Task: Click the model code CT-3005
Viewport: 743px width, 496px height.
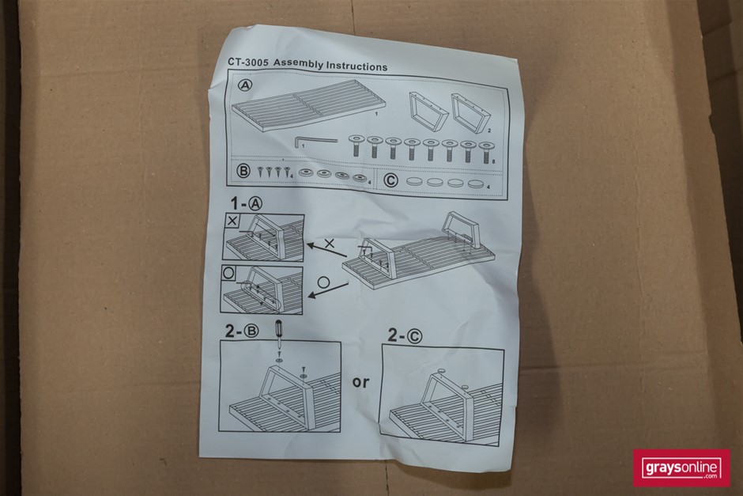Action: [248, 62]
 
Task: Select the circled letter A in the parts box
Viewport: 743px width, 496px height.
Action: [245, 85]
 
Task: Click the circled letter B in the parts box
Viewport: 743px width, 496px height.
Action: [243, 170]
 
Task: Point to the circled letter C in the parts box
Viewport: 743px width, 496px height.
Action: [390, 180]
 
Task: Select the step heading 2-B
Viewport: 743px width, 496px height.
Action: [242, 331]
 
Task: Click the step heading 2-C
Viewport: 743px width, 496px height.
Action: [405, 335]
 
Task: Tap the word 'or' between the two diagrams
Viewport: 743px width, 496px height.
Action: [360, 382]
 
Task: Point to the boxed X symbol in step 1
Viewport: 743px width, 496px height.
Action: [232, 221]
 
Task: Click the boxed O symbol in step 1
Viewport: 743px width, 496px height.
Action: [229, 274]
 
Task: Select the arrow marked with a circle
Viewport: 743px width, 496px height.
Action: [328, 290]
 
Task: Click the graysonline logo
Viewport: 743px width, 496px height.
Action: [682, 468]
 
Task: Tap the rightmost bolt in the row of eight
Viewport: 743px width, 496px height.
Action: [485, 151]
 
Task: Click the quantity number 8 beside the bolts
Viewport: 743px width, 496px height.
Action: [494, 161]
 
